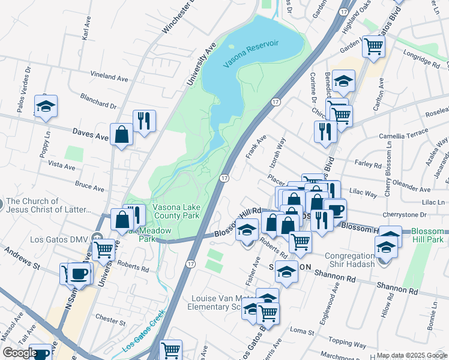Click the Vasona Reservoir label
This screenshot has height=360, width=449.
252,55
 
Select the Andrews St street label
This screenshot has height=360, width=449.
22,257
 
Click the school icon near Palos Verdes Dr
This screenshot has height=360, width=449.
46,106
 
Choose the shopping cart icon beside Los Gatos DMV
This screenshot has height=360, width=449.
103,247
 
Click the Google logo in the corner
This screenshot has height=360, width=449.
20,353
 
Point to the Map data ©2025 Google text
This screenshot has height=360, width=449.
411,355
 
